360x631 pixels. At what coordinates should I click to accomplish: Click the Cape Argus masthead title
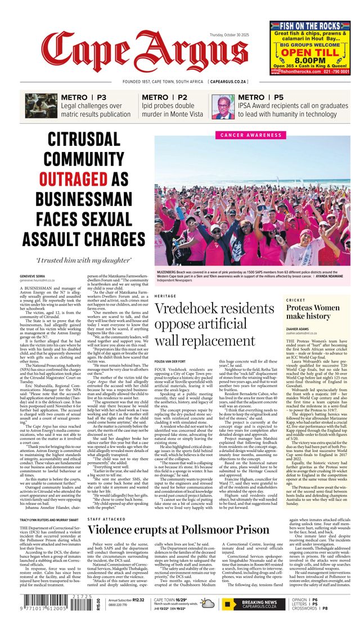click(x=151, y=56)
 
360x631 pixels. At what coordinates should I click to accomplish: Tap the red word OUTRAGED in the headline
click(x=77, y=178)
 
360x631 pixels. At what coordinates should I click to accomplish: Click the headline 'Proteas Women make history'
click(x=312, y=312)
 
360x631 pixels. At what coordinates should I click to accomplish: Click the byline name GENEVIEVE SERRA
click(x=33, y=276)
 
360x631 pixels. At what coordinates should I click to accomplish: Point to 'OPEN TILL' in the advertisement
click(x=310, y=53)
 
